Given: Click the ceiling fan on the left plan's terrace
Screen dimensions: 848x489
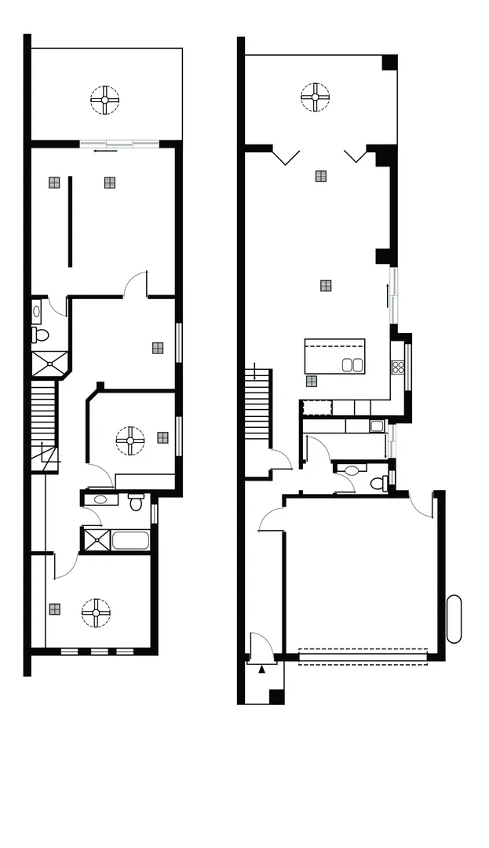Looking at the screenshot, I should (x=104, y=100).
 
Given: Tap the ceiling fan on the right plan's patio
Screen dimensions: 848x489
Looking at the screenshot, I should (x=315, y=98).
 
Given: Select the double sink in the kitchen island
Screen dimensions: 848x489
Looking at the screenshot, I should (x=352, y=364).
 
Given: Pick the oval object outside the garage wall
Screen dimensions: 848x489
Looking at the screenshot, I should (x=454, y=620).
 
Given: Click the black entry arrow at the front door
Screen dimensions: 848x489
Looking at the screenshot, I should (x=261, y=668).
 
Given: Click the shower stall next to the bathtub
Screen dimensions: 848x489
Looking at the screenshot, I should (x=96, y=540).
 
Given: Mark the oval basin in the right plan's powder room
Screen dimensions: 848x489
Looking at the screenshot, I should (x=351, y=470).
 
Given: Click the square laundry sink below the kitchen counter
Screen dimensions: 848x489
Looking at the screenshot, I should (x=377, y=426).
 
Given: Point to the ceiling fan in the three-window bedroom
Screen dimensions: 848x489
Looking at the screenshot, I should (x=97, y=612).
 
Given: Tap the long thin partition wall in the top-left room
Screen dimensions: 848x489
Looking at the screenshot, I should (x=69, y=221).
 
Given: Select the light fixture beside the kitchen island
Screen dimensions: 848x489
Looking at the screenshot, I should (x=312, y=381).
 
